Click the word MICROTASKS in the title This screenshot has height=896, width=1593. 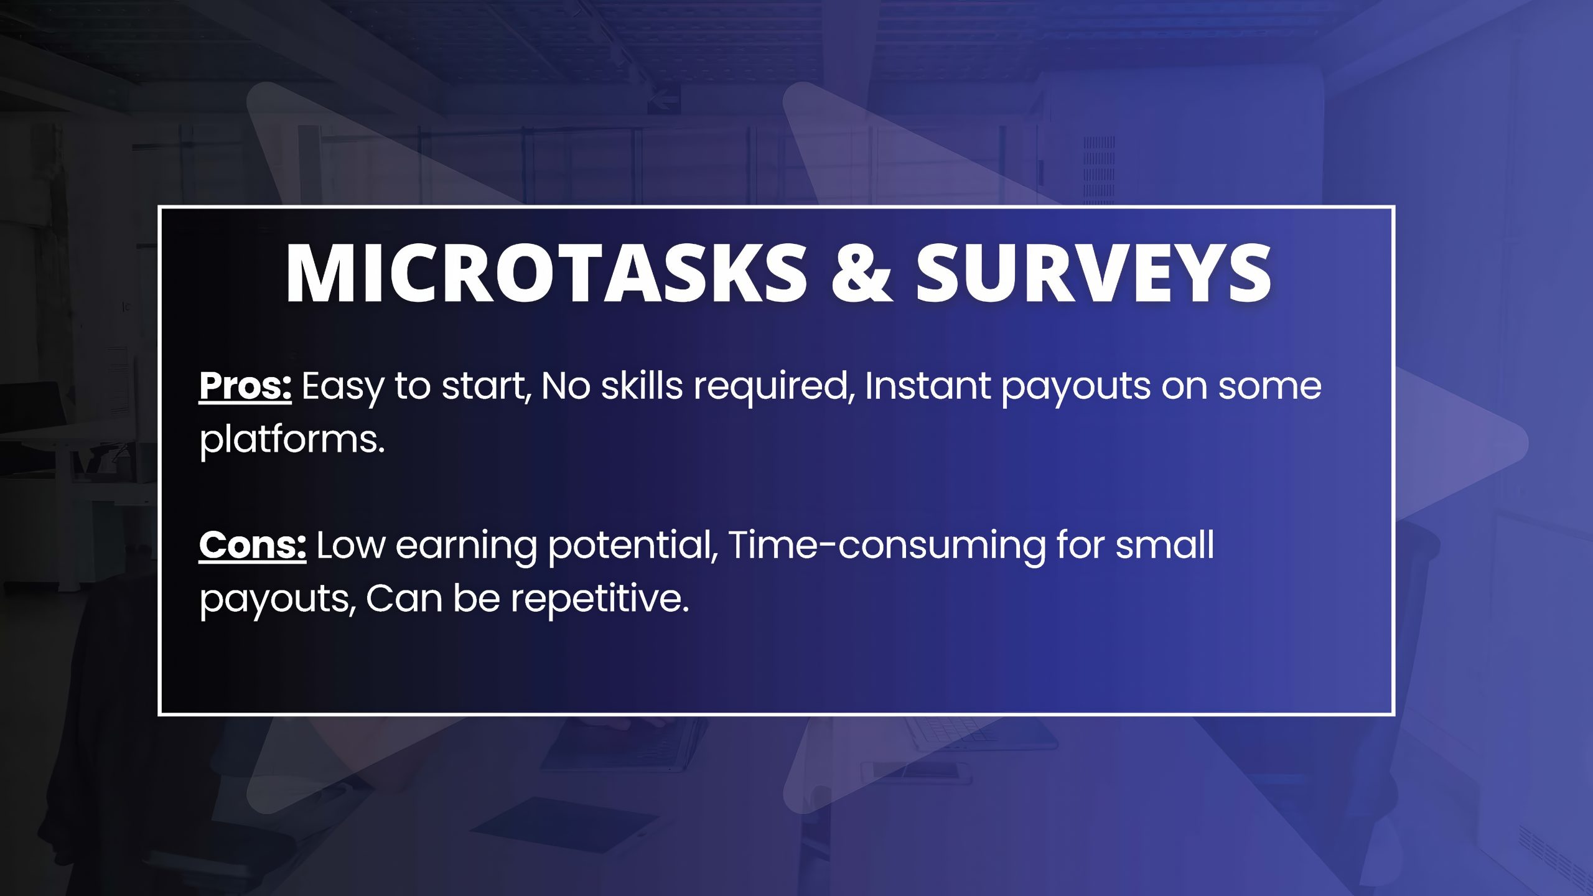coord(546,273)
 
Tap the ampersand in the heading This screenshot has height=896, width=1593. coord(861,273)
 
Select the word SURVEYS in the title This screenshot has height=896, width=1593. coord(1093,273)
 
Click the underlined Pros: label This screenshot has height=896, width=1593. coord(245,386)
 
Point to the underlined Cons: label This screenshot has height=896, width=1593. coord(253,545)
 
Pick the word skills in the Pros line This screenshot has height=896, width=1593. coord(642,385)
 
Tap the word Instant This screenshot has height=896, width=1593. coord(928,385)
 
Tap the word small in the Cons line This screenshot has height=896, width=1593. coord(1164,545)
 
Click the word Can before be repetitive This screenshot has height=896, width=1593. coord(404,599)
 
